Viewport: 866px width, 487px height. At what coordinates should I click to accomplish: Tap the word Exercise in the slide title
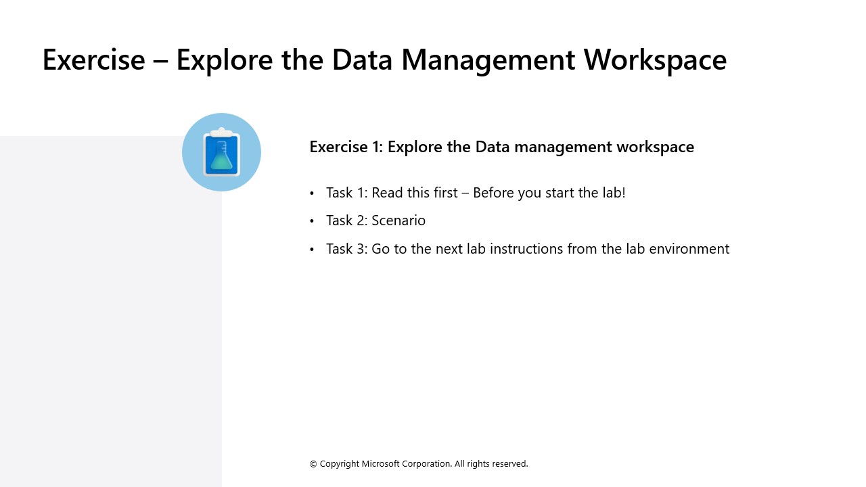click(93, 60)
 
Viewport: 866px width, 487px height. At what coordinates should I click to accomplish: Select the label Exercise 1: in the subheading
click(346, 147)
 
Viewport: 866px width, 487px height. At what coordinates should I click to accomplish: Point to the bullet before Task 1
click(312, 193)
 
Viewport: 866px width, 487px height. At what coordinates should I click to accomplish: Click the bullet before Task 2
click(312, 221)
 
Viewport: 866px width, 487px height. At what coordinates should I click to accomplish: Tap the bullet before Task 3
click(312, 250)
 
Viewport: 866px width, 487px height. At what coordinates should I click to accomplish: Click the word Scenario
click(398, 221)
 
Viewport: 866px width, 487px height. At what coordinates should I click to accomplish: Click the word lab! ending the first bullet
click(611, 193)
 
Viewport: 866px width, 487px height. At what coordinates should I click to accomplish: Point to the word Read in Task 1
click(386, 193)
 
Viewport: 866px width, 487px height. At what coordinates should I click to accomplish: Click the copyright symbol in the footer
click(313, 464)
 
